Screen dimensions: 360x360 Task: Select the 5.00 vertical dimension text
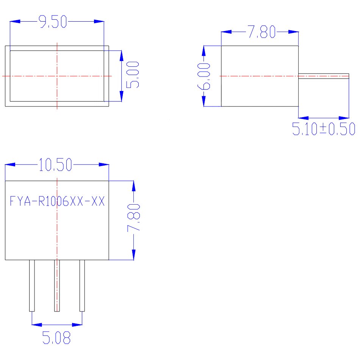point(133,75)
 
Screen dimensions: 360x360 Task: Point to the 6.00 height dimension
point(203,77)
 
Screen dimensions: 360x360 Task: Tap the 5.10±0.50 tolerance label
point(324,129)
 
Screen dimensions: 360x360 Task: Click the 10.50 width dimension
point(55,164)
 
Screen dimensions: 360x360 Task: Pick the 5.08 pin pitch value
point(56,338)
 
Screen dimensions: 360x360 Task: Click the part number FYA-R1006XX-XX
point(57,201)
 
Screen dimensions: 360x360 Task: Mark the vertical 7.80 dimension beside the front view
point(134,217)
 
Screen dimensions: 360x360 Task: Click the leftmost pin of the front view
point(32,286)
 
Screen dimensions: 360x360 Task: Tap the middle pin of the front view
point(57,286)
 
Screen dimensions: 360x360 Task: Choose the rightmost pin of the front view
point(82,286)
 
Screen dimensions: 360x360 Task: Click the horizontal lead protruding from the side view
point(324,76)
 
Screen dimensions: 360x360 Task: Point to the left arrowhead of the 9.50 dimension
point(15,21)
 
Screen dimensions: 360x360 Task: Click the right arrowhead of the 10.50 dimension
point(104,164)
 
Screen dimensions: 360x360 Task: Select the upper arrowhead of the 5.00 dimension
point(122,56)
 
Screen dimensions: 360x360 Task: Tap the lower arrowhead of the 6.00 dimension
point(203,101)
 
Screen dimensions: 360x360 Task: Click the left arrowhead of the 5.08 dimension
point(37,325)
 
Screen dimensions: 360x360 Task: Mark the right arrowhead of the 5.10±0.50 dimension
point(344,118)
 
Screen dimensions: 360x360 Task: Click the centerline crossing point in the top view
point(57,76)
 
